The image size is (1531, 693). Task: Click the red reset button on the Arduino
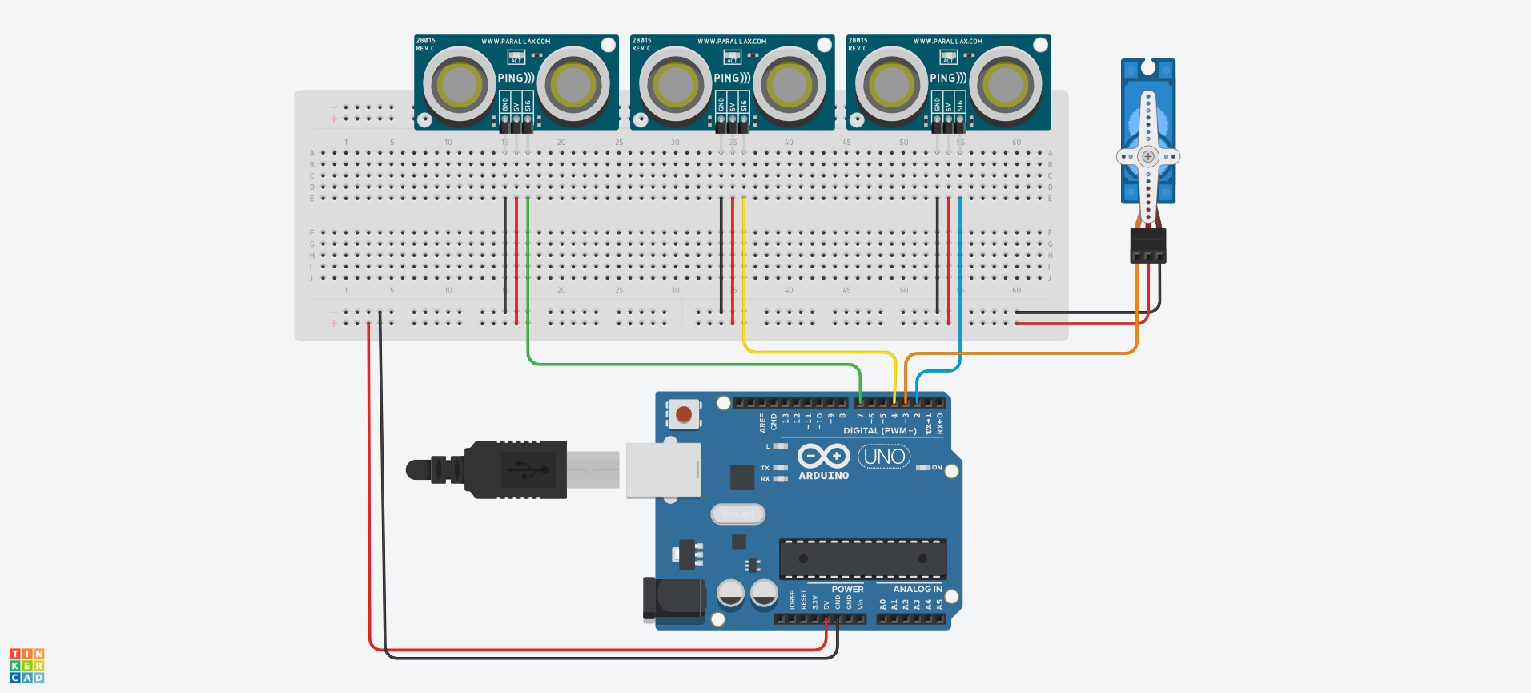click(x=683, y=414)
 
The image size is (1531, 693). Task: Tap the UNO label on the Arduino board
click(x=884, y=457)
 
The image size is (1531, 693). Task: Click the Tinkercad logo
click(x=27, y=666)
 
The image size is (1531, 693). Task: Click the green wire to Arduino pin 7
click(x=689, y=364)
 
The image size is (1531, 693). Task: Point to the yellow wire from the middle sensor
click(x=744, y=272)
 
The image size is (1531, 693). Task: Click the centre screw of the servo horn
click(x=1148, y=156)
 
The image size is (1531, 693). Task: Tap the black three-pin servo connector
click(x=1148, y=245)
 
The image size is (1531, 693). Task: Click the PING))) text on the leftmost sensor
click(x=516, y=78)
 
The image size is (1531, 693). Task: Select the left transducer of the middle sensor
click(x=675, y=84)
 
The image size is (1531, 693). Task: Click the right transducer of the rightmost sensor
click(x=1005, y=84)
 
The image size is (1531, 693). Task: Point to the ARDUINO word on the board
click(x=823, y=476)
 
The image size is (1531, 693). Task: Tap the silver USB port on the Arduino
click(x=663, y=469)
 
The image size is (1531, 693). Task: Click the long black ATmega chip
click(x=862, y=558)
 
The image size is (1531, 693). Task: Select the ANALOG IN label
click(x=918, y=589)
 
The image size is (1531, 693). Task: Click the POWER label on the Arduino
click(x=847, y=589)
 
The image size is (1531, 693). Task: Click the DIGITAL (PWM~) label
click(x=879, y=431)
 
